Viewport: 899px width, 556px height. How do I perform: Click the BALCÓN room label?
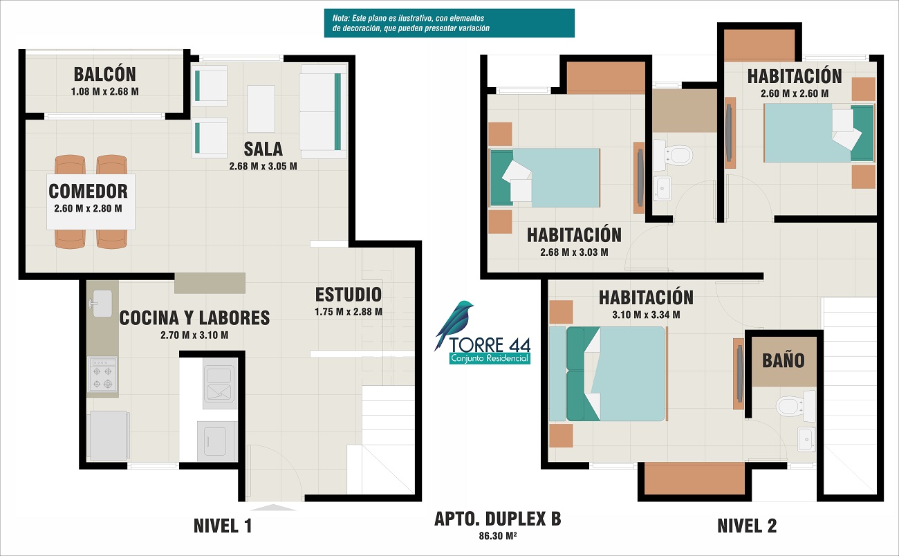coord(104,75)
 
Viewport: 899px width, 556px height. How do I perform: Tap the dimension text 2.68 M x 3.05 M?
coord(263,166)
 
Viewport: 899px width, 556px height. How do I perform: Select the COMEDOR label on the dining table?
coord(89,192)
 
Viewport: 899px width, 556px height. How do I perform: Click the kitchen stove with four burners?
coord(103,374)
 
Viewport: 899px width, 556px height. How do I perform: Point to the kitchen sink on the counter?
coord(101,303)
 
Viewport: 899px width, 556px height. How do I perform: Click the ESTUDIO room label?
coord(348,295)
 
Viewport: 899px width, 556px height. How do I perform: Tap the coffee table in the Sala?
coord(261,109)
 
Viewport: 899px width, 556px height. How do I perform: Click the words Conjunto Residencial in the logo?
coord(490,358)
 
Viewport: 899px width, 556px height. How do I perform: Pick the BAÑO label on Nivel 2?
coord(784,360)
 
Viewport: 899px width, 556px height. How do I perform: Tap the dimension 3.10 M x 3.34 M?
coord(646,315)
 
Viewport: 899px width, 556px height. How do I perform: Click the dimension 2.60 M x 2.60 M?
coord(795,93)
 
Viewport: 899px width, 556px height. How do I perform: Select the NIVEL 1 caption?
coord(223,526)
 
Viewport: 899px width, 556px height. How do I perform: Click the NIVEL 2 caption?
coord(747,526)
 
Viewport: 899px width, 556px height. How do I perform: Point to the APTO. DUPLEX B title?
coord(498,519)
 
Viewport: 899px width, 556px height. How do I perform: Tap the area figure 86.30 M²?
coord(498,536)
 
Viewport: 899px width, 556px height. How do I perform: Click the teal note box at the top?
coord(449,24)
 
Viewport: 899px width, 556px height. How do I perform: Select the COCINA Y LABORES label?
coord(194,318)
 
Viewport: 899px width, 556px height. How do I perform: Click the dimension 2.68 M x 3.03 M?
coord(574,252)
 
